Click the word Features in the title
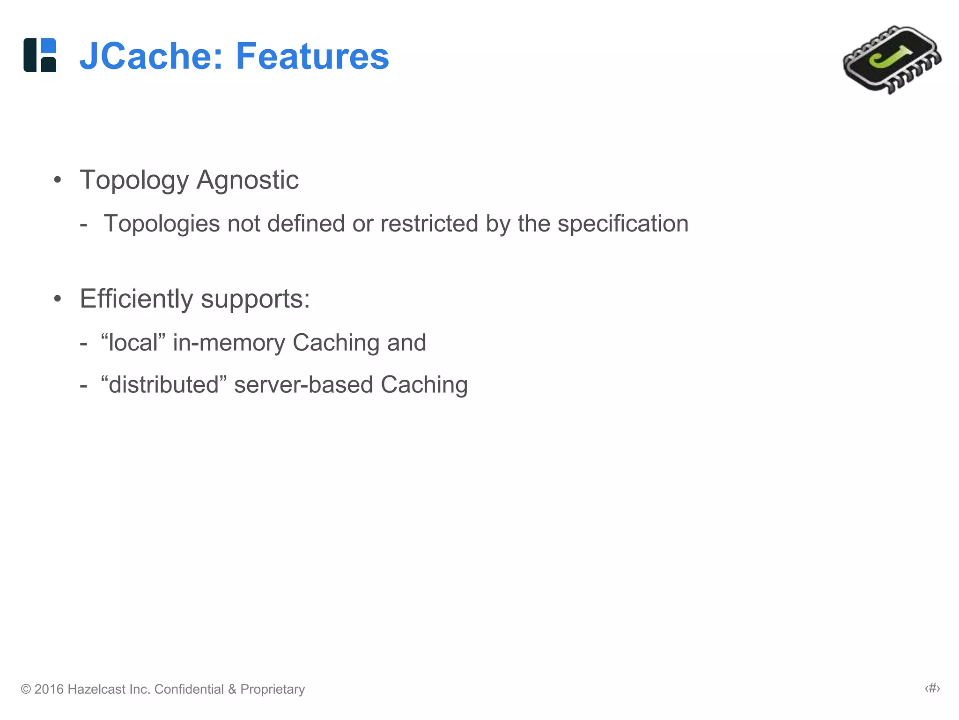pyautogui.click(x=312, y=56)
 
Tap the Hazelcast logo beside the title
pyautogui.click(x=40, y=55)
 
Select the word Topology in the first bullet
pyautogui.click(x=134, y=180)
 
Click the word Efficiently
pyautogui.click(x=136, y=299)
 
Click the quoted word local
pyautogui.click(x=133, y=342)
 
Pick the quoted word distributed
pyautogui.click(x=164, y=384)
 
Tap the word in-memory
pyautogui.click(x=229, y=343)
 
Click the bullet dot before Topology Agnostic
pyautogui.click(x=58, y=180)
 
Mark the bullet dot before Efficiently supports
pyautogui.click(x=58, y=299)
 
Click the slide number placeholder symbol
pyautogui.click(x=932, y=688)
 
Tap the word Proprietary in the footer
pyautogui.click(x=273, y=689)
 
